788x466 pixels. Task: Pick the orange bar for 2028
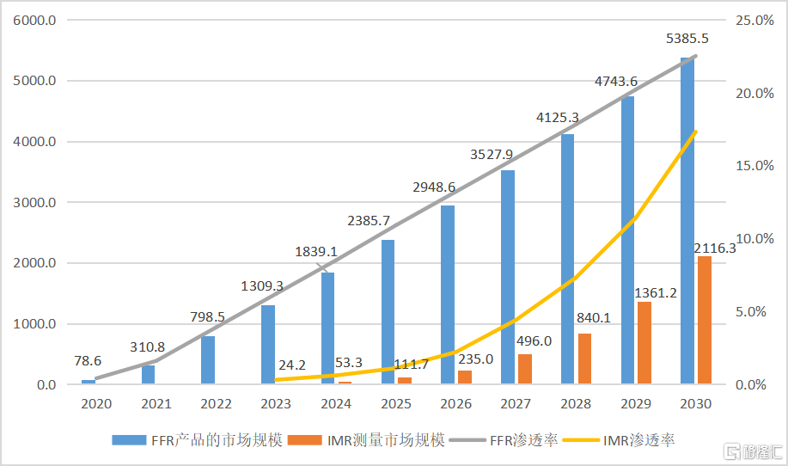pos(584,359)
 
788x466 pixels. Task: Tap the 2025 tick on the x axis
pos(395,404)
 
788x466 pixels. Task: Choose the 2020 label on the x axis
pos(96,404)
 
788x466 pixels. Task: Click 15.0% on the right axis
pos(754,166)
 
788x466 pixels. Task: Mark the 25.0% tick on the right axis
pos(754,21)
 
